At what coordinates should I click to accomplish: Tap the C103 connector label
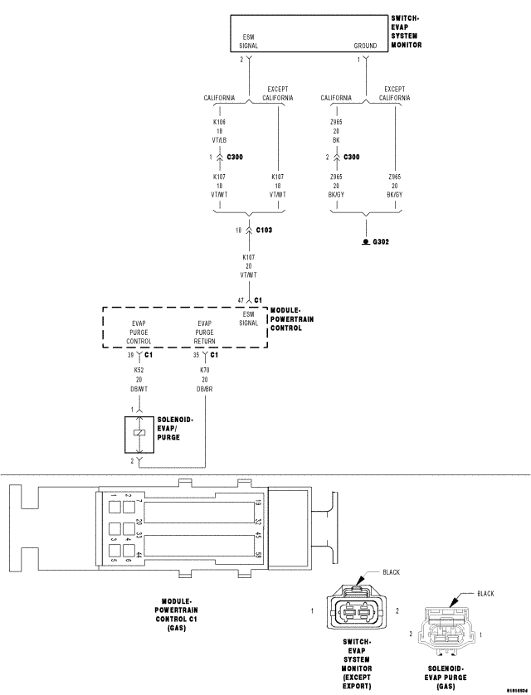[265, 229]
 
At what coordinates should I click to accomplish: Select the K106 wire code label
[220, 122]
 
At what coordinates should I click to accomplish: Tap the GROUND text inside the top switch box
[365, 46]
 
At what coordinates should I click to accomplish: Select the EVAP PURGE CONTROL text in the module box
[139, 333]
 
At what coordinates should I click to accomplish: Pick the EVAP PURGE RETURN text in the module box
[206, 333]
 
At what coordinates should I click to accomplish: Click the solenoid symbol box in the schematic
[139, 434]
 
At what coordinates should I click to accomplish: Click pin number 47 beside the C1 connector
[241, 299]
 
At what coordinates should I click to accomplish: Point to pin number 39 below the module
[129, 354]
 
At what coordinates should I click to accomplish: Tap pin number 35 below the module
[196, 354]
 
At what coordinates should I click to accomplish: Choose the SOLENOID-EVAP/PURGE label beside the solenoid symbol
[175, 428]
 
